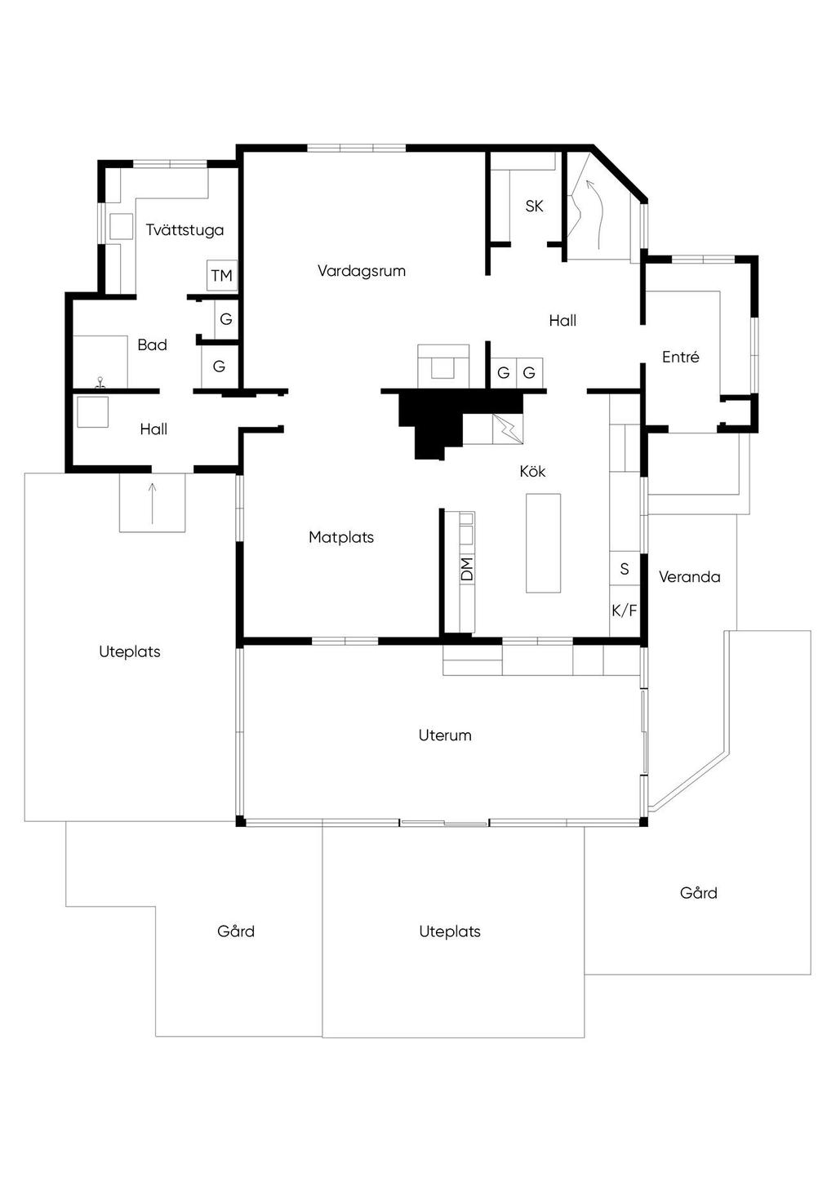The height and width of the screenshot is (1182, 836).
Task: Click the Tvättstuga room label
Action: pos(185,230)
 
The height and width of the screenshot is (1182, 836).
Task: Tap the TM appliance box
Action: pos(221,276)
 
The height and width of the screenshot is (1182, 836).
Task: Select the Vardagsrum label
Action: pos(362,271)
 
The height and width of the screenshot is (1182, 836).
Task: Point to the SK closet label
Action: pos(534,207)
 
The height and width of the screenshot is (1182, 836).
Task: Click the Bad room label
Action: pos(152,345)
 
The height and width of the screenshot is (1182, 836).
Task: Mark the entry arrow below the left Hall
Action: pos(152,503)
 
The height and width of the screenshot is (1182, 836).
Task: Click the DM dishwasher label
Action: pos(467,569)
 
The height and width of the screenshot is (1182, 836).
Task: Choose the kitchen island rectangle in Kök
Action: pos(543,542)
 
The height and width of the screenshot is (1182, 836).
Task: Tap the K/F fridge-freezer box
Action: pos(625,610)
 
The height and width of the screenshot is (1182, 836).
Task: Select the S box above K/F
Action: pos(625,569)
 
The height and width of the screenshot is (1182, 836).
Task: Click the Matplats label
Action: pos(341,537)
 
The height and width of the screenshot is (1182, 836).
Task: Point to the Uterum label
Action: pos(445,735)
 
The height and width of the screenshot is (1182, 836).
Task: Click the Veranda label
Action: pos(690,577)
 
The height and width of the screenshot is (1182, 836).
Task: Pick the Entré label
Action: pos(681,357)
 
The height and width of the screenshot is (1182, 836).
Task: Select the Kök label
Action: pos(532,472)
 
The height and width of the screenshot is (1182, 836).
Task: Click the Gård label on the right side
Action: pos(699,893)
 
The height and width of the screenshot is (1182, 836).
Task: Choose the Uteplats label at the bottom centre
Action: pos(450,931)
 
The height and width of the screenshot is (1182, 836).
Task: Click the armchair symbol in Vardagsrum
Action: pos(443,365)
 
